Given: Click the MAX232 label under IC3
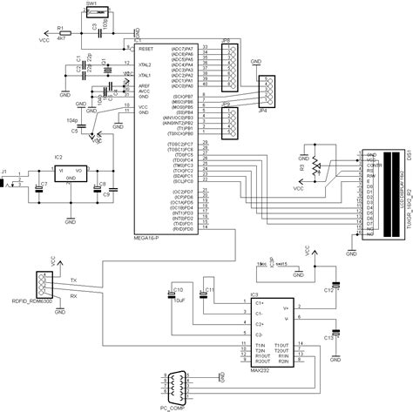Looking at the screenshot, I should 261,368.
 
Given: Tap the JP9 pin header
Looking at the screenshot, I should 227,122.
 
